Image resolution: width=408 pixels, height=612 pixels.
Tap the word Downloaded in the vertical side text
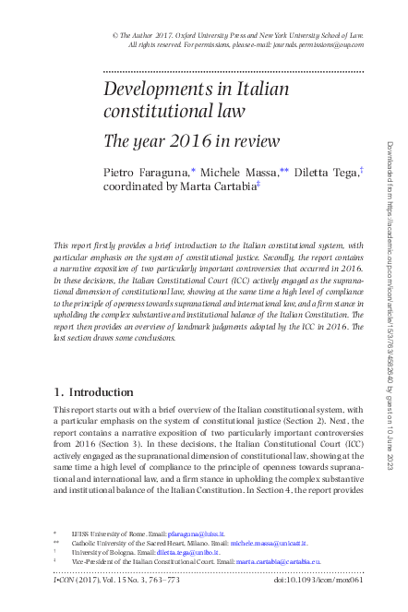coord(388,165)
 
